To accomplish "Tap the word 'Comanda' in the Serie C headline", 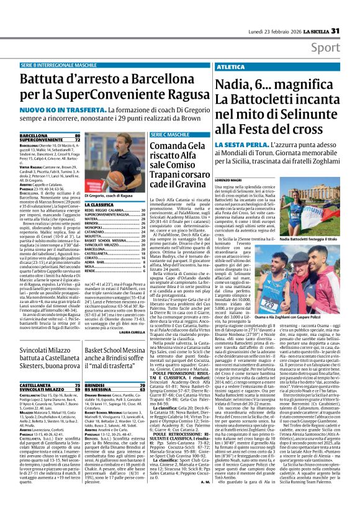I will (173, 145).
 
